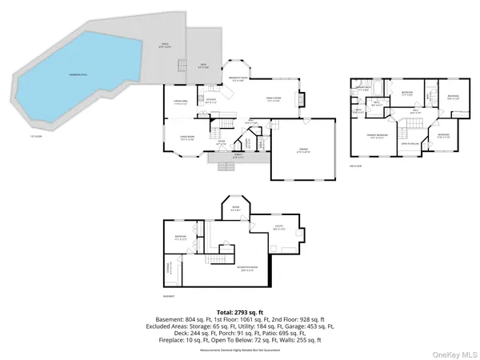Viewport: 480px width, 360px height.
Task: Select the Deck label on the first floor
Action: pos(203,66)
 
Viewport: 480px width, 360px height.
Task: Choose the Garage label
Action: pos(303,151)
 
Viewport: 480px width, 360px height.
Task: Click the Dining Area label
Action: pos(181,102)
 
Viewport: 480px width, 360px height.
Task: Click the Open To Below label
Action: pos(410,144)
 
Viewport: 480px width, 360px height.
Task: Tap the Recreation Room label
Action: pos(250,269)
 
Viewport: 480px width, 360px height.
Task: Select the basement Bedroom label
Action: pos(180,238)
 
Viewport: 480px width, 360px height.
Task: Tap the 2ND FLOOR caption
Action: pos(356,166)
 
